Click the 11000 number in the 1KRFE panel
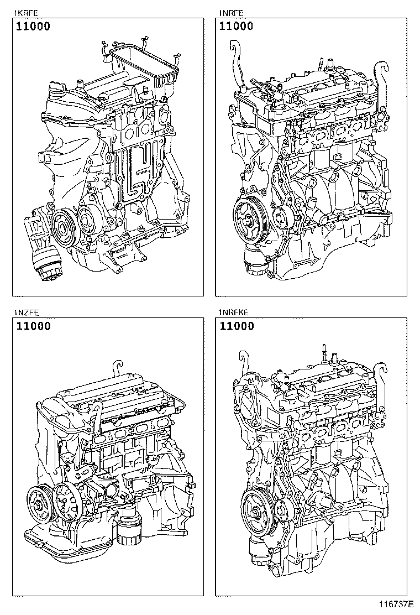tap(33, 26)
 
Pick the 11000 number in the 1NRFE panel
tap(236, 26)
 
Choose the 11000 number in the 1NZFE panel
tap(33, 326)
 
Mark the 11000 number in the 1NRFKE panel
tap(236, 326)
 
